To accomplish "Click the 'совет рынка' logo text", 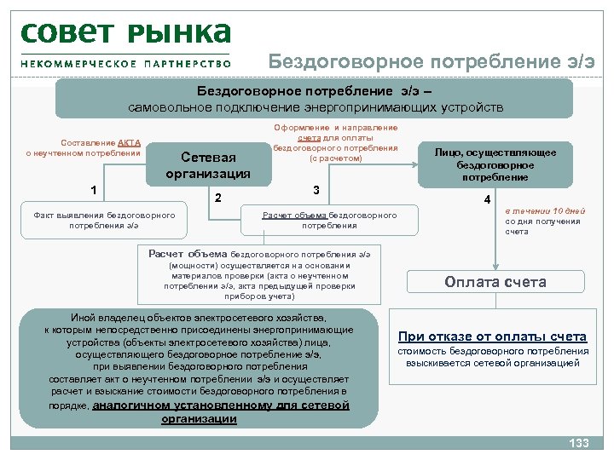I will coord(125,33).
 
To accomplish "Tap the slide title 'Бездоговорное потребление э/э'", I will coord(432,61).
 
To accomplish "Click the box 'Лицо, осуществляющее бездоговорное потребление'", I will coord(495,164).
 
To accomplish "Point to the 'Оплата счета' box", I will coord(495,283).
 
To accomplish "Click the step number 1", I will coord(93,189).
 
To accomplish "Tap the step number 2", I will coord(218,198).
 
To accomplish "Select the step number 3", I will coord(316,189).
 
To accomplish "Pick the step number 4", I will coord(487,199).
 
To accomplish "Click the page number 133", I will coord(579,443).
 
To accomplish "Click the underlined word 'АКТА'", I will coord(130,142).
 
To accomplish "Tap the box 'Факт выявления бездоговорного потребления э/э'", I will coord(104,220).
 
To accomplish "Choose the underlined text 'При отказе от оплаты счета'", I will coord(493,336).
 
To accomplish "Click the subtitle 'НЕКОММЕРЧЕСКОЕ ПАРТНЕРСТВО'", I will coord(125,63).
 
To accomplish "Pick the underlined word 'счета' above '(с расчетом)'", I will coord(310,138).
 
